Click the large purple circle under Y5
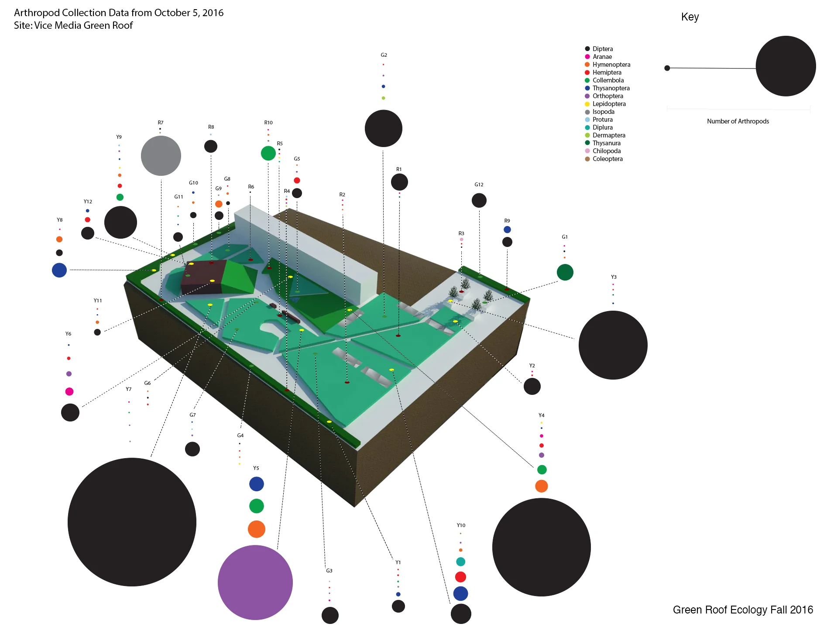click(x=255, y=582)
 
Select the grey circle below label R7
click(x=161, y=156)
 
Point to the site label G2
click(x=384, y=55)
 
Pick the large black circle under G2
click(x=383, y=128)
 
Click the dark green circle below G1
click(x=565, y=272)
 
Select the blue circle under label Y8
click(x=59, y=270)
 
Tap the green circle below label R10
click(x=268, y=153)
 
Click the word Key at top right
click(x=690, y=17)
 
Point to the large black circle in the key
click(x=786, y=66)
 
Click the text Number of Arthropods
click(x=738, y=121)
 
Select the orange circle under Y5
click(x=257, y=529)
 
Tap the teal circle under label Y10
click(x=460, y=562)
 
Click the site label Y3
click(x=614, y=277)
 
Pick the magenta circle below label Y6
click(x=69, y=391)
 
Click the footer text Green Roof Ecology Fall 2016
click(x=743, y=610)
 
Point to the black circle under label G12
click(x=479, y=200)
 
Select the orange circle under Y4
click(x=541, y=486)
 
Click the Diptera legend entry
click(x=602, y=49)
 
